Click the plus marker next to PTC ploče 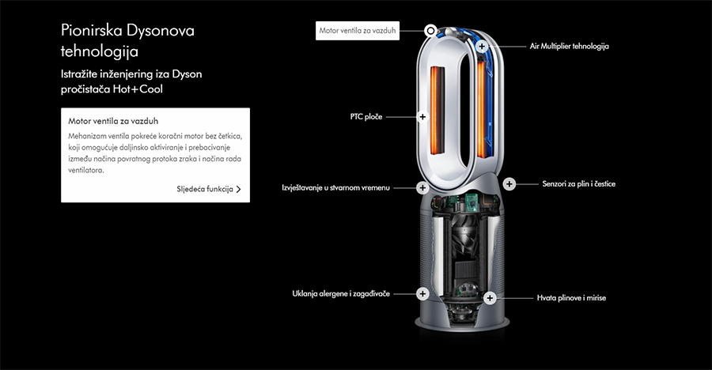[x=422, y=117]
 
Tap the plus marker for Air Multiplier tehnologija [x=482, y=46]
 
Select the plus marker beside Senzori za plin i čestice [x=509, y=184]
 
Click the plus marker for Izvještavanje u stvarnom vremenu [x=422, y=187]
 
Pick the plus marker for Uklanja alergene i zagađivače [x=422, y=294]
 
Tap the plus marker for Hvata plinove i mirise [x=490, y=298]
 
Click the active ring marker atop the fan [x=430, y=30]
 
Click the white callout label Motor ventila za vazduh [x=358, y=30]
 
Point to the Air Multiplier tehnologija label [x=569, y=46]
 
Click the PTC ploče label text [x=366, y=117]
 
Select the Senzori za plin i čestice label [x=579, y=184]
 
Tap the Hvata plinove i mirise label [x=571, y=298]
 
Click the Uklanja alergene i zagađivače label [x=341, y=294]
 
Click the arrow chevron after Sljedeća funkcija [x=239, y=189]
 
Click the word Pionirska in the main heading [x=92, y=30]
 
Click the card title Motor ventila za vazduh [x=113, y=121]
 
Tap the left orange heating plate [x=437, y=111]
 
